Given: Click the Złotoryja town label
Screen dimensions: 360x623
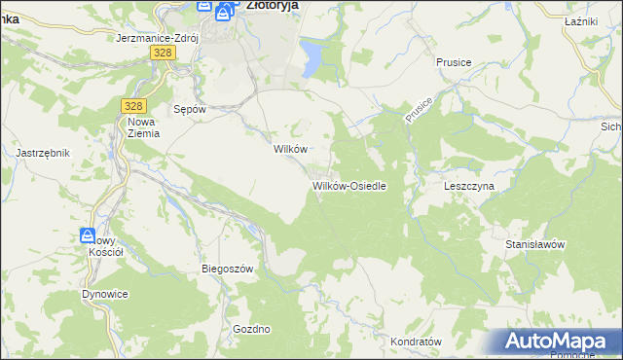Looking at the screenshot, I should pos(272,5).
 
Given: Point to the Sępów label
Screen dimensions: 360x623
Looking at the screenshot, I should pos(189,110).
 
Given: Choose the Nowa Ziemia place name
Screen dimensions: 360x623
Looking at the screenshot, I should pos(141,128).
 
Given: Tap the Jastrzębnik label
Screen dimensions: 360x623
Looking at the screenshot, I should pos(43,154).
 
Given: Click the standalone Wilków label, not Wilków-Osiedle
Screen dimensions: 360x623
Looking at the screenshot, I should pos(290,149).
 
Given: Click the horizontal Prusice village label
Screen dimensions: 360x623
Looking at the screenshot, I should pos(454,62).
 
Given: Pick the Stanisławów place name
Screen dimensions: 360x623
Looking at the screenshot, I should pos(534,244).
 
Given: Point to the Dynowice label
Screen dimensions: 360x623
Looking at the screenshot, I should pos(105,293).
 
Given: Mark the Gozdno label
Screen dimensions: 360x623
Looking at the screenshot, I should pos(251,329).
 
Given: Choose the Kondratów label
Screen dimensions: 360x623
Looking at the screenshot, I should pos(416,342).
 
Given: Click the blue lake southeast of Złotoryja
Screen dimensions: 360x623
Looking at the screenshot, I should pos(313,56).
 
